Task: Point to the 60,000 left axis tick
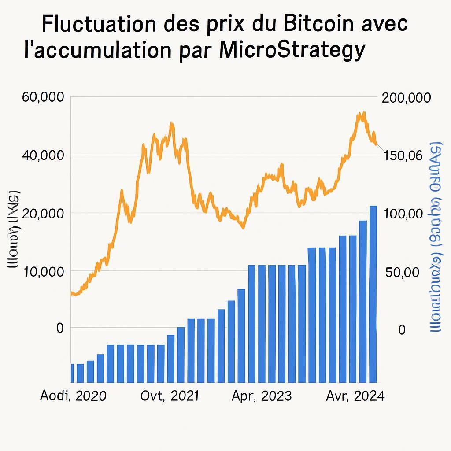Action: click(x=43, y=98)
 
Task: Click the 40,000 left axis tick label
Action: click(x=43, y=155)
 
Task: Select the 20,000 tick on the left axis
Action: click(x=43, y=214)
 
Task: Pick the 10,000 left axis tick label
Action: click(x=43, y=271)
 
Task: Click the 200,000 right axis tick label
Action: click(x=406, y=98)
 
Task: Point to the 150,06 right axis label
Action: click(x=403, y=155)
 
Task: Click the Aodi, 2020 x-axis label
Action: click(x=73, y=396)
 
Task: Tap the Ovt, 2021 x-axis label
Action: click(x=170, y=396)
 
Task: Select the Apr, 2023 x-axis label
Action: click(x=262, y=396)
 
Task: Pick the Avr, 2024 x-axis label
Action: click(x=355, y=396)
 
